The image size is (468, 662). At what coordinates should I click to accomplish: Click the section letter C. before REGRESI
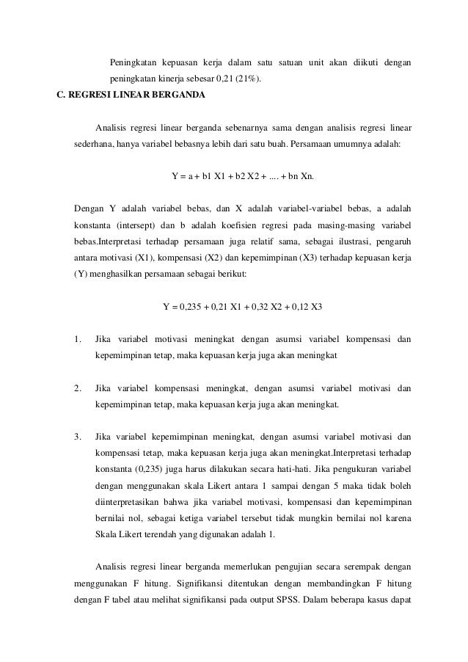(x=62, y=95)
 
